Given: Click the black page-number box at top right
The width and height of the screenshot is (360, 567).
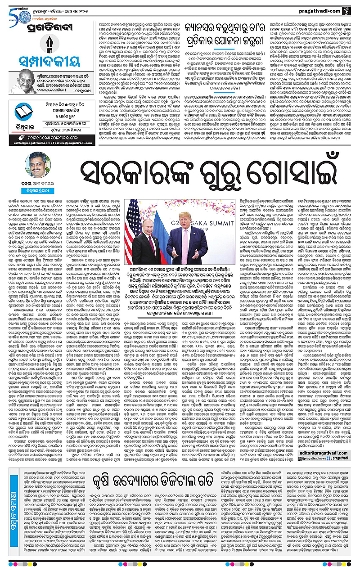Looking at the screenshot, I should coord(349,9).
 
